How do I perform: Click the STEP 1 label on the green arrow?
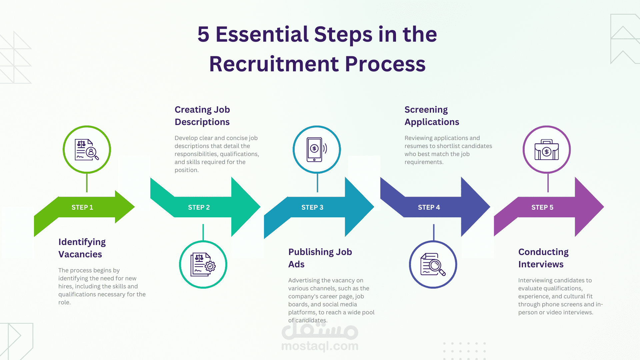82,207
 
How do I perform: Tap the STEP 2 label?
199,207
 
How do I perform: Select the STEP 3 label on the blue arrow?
312,207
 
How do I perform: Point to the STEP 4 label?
429,207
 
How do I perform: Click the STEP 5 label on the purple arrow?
542,207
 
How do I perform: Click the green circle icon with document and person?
87,150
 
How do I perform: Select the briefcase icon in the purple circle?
547,150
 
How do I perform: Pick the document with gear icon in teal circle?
203,265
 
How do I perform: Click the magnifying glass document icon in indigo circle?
433,265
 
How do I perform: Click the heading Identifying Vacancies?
82,248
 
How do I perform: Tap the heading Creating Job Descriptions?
202,116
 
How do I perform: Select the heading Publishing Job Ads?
320,258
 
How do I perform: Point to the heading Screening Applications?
432,116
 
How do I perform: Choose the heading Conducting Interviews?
543,258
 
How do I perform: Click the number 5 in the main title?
203,34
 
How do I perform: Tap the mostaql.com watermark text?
320,346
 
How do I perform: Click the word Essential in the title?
262,34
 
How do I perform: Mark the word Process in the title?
385,64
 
